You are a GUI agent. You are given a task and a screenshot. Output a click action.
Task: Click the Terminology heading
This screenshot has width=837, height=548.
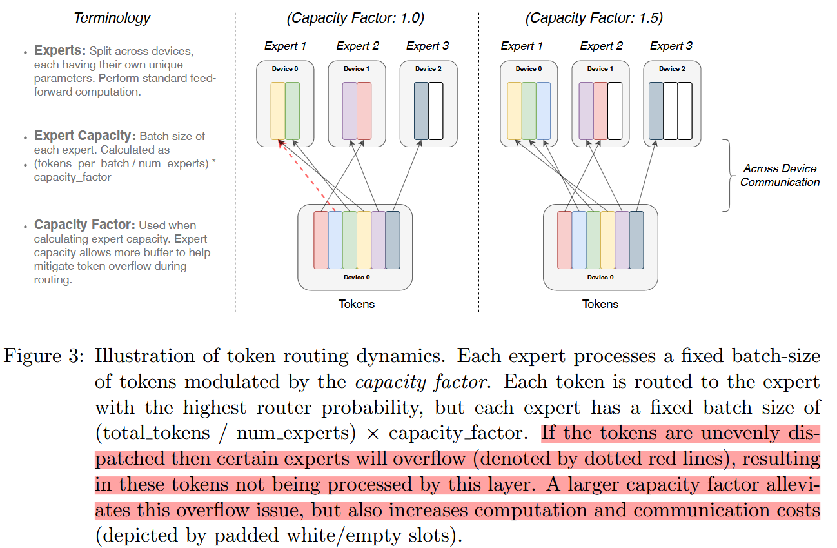coord(112,18)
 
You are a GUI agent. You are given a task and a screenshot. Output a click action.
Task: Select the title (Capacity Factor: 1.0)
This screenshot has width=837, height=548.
coord(355,18)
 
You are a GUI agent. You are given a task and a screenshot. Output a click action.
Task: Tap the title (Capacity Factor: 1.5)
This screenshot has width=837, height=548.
coord(594,18)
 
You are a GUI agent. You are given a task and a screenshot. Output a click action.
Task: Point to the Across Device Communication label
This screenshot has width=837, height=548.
coord(780,175)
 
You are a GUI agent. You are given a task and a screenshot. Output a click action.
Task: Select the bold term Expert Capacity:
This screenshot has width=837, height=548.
coord(84,136)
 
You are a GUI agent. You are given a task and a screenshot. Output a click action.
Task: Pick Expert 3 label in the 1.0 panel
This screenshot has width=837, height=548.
coord(428,46)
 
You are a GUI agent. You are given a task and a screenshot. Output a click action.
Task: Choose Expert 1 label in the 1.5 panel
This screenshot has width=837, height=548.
coord(522,46)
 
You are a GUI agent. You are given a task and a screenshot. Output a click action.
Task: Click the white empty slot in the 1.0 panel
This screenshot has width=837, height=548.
coord(436,110)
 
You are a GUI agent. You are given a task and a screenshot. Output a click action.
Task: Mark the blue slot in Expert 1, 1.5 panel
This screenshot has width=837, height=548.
coord(543,110)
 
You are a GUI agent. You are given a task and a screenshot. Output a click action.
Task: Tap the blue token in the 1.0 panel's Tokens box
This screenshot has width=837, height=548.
coord(335,239)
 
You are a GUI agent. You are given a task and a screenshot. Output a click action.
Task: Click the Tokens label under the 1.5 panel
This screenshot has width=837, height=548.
coord(600,304)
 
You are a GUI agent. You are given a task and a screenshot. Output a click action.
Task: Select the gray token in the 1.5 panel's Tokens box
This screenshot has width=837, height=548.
coord(636,239)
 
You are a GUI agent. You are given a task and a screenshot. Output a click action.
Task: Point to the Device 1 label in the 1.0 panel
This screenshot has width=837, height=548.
coord(357,69)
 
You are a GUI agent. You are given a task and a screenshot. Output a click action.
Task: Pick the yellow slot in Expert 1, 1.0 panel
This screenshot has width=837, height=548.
coord(278,110)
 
